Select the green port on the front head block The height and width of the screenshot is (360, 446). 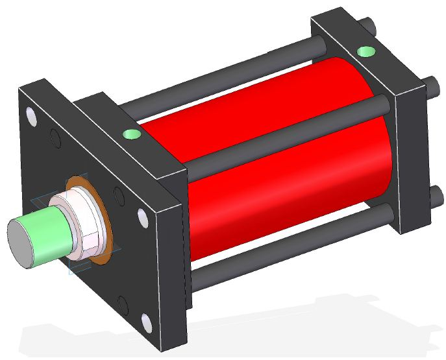pos(131,134)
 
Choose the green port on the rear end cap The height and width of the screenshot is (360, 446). pos(367,52)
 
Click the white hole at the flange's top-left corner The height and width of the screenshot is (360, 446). pos(31,117)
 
